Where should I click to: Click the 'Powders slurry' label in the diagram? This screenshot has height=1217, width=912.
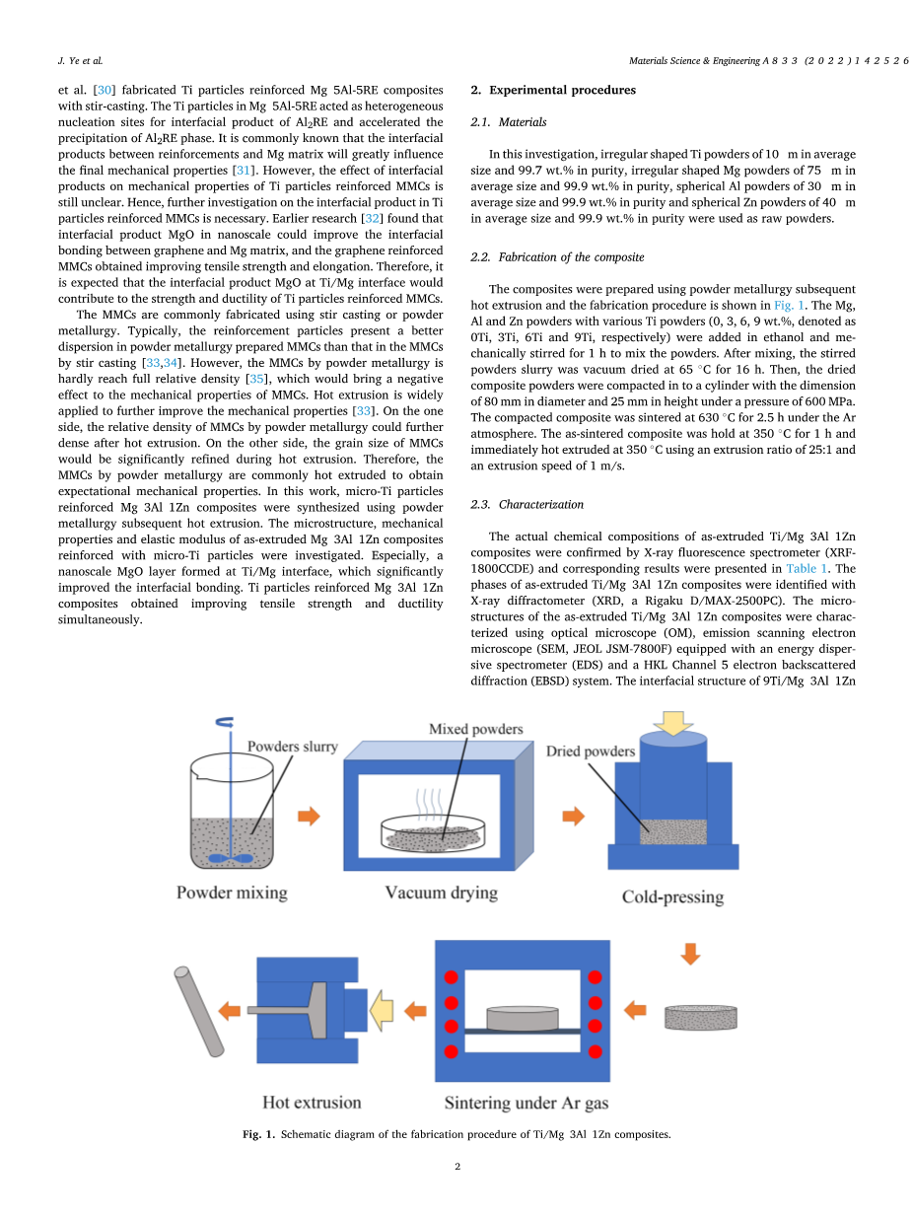point(292,747)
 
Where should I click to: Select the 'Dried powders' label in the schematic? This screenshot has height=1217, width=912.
point(591,752)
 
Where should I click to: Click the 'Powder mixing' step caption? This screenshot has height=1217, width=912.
point(232,894)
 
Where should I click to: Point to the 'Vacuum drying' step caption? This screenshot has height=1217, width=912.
point(441,894)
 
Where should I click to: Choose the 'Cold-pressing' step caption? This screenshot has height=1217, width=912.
point(672,897)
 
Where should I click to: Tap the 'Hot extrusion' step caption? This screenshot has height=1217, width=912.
point(312,1103)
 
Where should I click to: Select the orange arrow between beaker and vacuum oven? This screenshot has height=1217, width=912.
point(310,816)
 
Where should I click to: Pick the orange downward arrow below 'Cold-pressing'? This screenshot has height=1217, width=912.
point(690,954)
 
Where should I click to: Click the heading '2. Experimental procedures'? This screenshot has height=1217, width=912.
point(553,90)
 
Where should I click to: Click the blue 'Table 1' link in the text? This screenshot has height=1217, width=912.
point(807,569)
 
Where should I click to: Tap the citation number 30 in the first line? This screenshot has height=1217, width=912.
point(102,90)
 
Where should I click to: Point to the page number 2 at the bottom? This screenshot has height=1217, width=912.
point(457,1167)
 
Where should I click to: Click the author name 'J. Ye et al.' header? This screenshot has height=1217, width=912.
point(80,60)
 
